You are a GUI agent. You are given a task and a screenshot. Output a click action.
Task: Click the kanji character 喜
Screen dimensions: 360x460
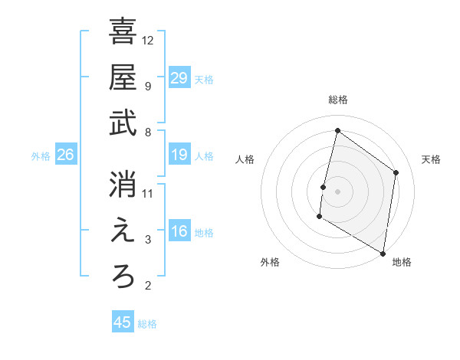click(x=123, y=32)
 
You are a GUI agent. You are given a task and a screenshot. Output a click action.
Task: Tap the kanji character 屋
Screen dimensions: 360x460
click(x=123, y=77)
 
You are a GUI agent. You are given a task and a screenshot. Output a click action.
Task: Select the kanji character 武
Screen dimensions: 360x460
click(x=123, y=123)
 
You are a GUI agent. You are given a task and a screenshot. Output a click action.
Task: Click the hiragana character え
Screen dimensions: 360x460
click(x=123, y=231)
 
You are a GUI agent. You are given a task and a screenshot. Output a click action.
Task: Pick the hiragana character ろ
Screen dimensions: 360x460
click(x=123, y=277)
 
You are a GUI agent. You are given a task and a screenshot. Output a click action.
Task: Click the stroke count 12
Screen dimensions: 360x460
click(x=148, y=40)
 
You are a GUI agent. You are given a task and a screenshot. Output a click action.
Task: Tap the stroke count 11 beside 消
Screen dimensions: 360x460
click(x=148, y=193)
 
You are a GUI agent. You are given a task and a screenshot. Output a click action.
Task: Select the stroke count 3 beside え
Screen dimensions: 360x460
click(x=148, y=240)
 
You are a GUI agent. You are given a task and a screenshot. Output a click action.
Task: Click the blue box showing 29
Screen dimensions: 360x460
click(x=179, y=78)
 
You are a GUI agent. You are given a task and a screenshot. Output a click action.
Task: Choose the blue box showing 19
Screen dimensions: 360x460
click(x=179, y=155)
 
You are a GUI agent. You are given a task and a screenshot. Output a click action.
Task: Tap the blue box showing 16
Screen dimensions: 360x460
click(x=179, y=232)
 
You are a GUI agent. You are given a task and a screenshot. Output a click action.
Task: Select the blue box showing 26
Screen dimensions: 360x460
click(x=65, y=155)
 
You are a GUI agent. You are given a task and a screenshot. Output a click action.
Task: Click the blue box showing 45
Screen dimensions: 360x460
click(x=123, y=322)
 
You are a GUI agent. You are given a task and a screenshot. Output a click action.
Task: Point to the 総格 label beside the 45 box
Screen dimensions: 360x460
click(x=147, y=324)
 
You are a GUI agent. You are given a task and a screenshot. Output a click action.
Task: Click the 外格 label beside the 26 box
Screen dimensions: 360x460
click(x=41, y=156)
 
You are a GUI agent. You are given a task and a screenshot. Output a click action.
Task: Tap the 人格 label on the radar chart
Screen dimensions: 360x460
click(x=245, y=159)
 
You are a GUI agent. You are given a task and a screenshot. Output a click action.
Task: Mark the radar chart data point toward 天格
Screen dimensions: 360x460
click(x=396, y=172)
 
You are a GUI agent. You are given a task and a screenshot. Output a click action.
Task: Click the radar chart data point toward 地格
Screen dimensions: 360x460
click(x=383, y=253)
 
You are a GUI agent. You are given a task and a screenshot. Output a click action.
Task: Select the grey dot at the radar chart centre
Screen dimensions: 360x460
click(x=337, y=191)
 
